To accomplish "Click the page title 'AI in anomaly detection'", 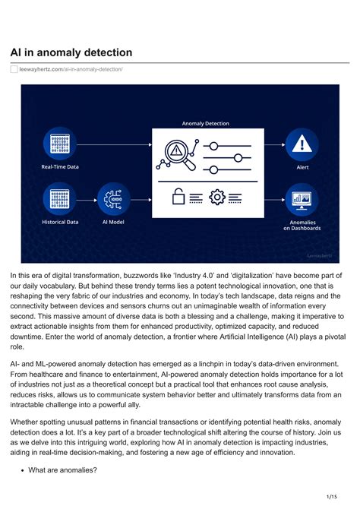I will point(71,52).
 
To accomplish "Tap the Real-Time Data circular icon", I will point(58,144).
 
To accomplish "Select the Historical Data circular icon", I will point(58,199).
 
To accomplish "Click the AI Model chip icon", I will point(113,199).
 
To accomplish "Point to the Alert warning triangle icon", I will point(302,144).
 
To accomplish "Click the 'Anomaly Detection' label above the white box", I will point(205,123).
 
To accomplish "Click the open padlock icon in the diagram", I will point(178,198).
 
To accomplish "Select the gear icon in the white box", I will point(218,198).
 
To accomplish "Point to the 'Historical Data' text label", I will point(59,222).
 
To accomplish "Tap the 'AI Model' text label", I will point(113,222).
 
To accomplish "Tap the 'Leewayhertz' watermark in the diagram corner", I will point(318,256).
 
